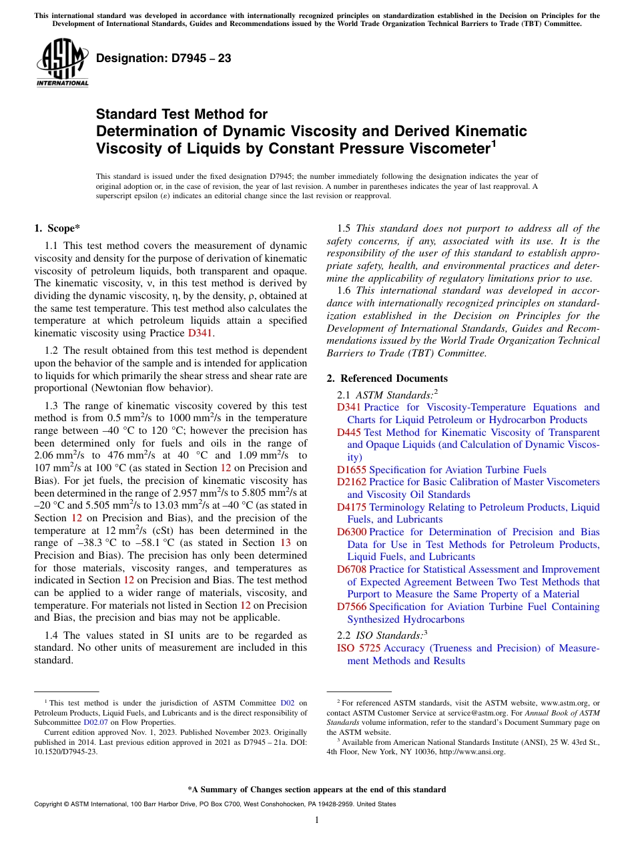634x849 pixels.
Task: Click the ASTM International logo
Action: click(x=62, y=63)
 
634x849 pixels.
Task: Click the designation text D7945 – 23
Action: click(x=164, y=58)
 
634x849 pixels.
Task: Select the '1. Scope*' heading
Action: click(x=57, y=228)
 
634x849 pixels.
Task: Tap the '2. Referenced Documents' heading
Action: click(x=387, y=378)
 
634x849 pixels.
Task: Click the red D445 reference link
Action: click(x=348, y=433)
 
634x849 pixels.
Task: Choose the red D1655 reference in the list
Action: click(x=351, y=470)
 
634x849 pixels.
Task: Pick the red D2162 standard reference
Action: click(x=351, y=482)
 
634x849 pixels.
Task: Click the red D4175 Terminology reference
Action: click(x=351, y=507)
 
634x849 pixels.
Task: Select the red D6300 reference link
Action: click(x=351, y=532)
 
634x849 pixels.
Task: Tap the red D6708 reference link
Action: click(x=351, y=569)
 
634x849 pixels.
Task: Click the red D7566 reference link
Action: click(x=351, y=607)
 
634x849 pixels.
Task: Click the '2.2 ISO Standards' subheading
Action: click(x=382, y=635)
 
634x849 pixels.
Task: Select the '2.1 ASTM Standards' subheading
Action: click(x=387, y=394)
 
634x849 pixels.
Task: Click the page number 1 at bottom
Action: click(x=317, y=820)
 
